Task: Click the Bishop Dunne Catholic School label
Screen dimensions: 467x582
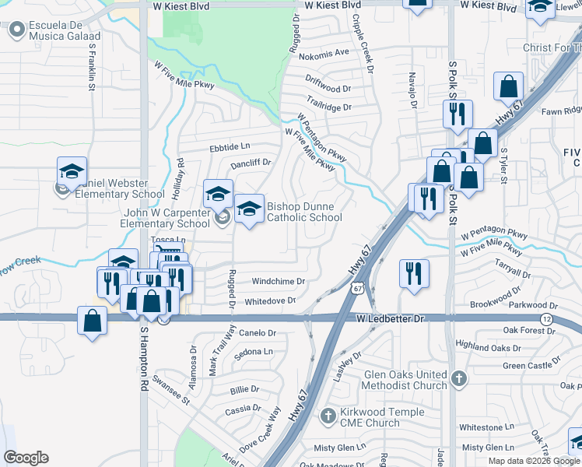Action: tap(303, 212)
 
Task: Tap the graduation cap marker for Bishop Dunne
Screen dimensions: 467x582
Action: tap(249, 208)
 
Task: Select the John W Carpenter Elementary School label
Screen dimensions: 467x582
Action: tap(165, 218)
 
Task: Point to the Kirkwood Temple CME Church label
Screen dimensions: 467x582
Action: tap(382, 417)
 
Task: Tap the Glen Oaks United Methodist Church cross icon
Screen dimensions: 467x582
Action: tap(459, 379)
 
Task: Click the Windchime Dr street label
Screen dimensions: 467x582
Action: tap(277, 281)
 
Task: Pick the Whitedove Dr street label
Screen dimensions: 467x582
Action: tap(270, 300)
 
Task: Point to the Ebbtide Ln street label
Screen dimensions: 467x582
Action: tap(229, 146)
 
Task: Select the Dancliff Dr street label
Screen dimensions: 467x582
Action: tap(250, 163)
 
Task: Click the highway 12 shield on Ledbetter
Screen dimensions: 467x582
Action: tap(547, 320)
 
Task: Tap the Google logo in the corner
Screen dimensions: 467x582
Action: tap(26, 458)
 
